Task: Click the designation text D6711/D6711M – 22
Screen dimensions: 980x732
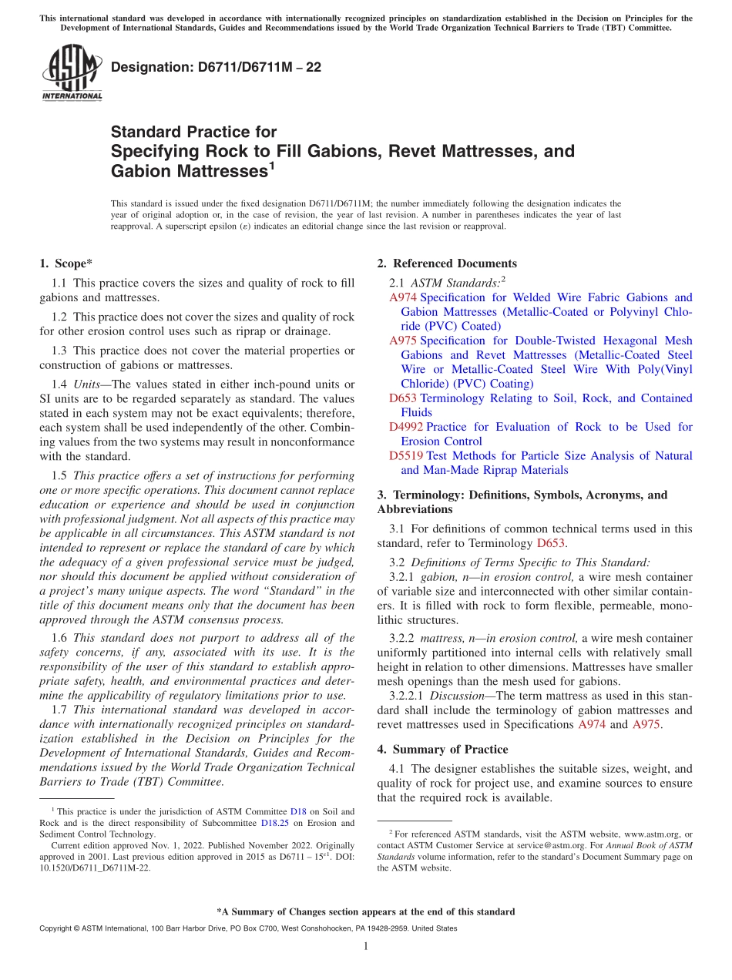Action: click(x=217, y=68)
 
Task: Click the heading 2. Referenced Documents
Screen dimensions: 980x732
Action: click(x=447, y=263)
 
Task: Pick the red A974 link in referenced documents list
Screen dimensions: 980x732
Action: click(x=404, y=297)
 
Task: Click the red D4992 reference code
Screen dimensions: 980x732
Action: click(x=407, y=427)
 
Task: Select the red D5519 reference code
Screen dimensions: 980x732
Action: click(x=407, y=455)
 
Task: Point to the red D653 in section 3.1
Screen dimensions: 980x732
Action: click(x=551, y=542)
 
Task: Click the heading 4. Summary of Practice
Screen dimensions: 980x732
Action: click(x=442, y=749)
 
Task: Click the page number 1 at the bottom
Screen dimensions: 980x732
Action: click(x=366, y=946)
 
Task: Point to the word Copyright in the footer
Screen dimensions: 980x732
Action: click(x=58, y=928)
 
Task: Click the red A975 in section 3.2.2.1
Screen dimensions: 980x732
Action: click(x=646, y=724)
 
